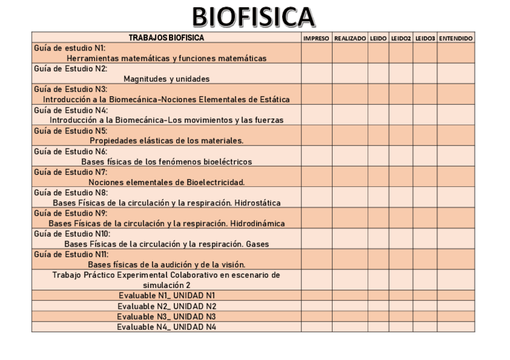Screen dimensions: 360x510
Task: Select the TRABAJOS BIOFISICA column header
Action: [x=167, y=38]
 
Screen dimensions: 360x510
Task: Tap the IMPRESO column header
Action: [x=316, y=38]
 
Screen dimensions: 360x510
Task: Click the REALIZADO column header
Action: [x=350, y=38]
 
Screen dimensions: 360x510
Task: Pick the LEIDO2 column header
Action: [x=401, y=38]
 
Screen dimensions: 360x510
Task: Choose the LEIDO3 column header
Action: [x=425, y=38]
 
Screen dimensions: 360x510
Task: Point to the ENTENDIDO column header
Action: [x=456, y=38]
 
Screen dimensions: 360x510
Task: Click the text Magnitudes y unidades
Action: [x=167, y=78]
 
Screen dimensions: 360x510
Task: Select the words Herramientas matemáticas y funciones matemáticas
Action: [x=167, y=58]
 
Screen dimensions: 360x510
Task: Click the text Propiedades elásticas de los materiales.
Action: [x=167, y=141]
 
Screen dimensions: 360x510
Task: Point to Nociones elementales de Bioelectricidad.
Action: [x=167, y=182]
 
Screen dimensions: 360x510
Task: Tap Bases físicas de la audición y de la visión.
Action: [x=167, y=264]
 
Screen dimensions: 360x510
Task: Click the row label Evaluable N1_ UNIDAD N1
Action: [x=167, y=296]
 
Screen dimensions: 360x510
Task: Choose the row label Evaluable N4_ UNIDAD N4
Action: [x=167, y=327]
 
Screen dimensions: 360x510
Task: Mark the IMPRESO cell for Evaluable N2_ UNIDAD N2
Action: [x=316, y=306]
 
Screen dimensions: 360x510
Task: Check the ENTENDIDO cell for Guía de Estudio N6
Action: [x=456, y=156]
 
